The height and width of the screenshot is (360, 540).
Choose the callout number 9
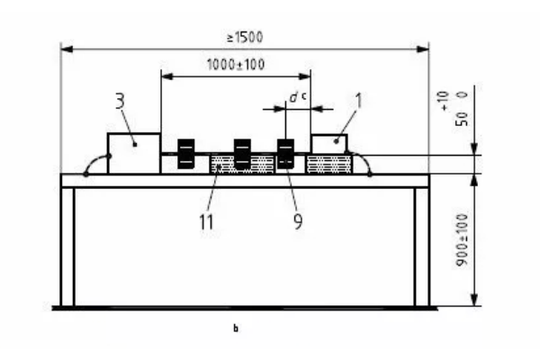tap(296, 220)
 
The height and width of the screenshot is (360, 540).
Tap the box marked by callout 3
tap(133, 153)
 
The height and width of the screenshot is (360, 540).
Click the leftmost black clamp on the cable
tap(187, 153)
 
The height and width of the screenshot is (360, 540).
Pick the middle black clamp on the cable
tap(241, 153)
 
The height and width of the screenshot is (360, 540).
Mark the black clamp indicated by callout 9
tap(285, 153)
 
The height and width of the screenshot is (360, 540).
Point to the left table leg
tap(67, 247)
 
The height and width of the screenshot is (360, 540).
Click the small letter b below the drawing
tap(236, 329)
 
